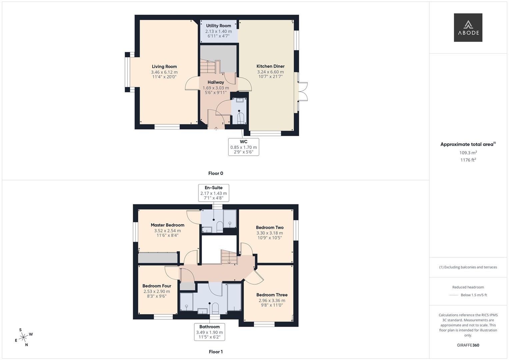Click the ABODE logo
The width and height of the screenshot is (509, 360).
[468, 28]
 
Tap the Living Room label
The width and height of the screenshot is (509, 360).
[164, 67]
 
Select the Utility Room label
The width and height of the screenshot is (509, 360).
[218, 26]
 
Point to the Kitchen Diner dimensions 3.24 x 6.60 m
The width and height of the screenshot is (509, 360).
[270, 72]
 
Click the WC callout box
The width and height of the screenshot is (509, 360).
[244, 147]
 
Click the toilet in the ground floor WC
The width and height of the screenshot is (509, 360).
[240, 118]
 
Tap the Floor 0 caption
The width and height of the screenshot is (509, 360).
[216, 173]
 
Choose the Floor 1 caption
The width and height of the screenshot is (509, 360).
[216, 352]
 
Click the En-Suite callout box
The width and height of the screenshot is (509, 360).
[214, 193]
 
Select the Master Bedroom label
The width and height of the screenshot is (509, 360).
[167, 225]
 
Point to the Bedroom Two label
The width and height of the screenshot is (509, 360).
[270, 228]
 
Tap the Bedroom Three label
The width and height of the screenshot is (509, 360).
[272, 295]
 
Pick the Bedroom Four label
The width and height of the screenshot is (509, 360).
[157, 286]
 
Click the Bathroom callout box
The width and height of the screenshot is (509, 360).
[210, 332]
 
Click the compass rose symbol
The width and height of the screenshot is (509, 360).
[23, 338]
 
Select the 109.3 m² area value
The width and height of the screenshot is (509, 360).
[468, 153]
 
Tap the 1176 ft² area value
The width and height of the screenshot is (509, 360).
[468, 160]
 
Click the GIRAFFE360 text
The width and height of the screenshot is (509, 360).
[468, 345]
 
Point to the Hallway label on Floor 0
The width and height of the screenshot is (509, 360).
[216, 82]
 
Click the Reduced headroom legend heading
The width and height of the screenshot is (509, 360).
[468, 287]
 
